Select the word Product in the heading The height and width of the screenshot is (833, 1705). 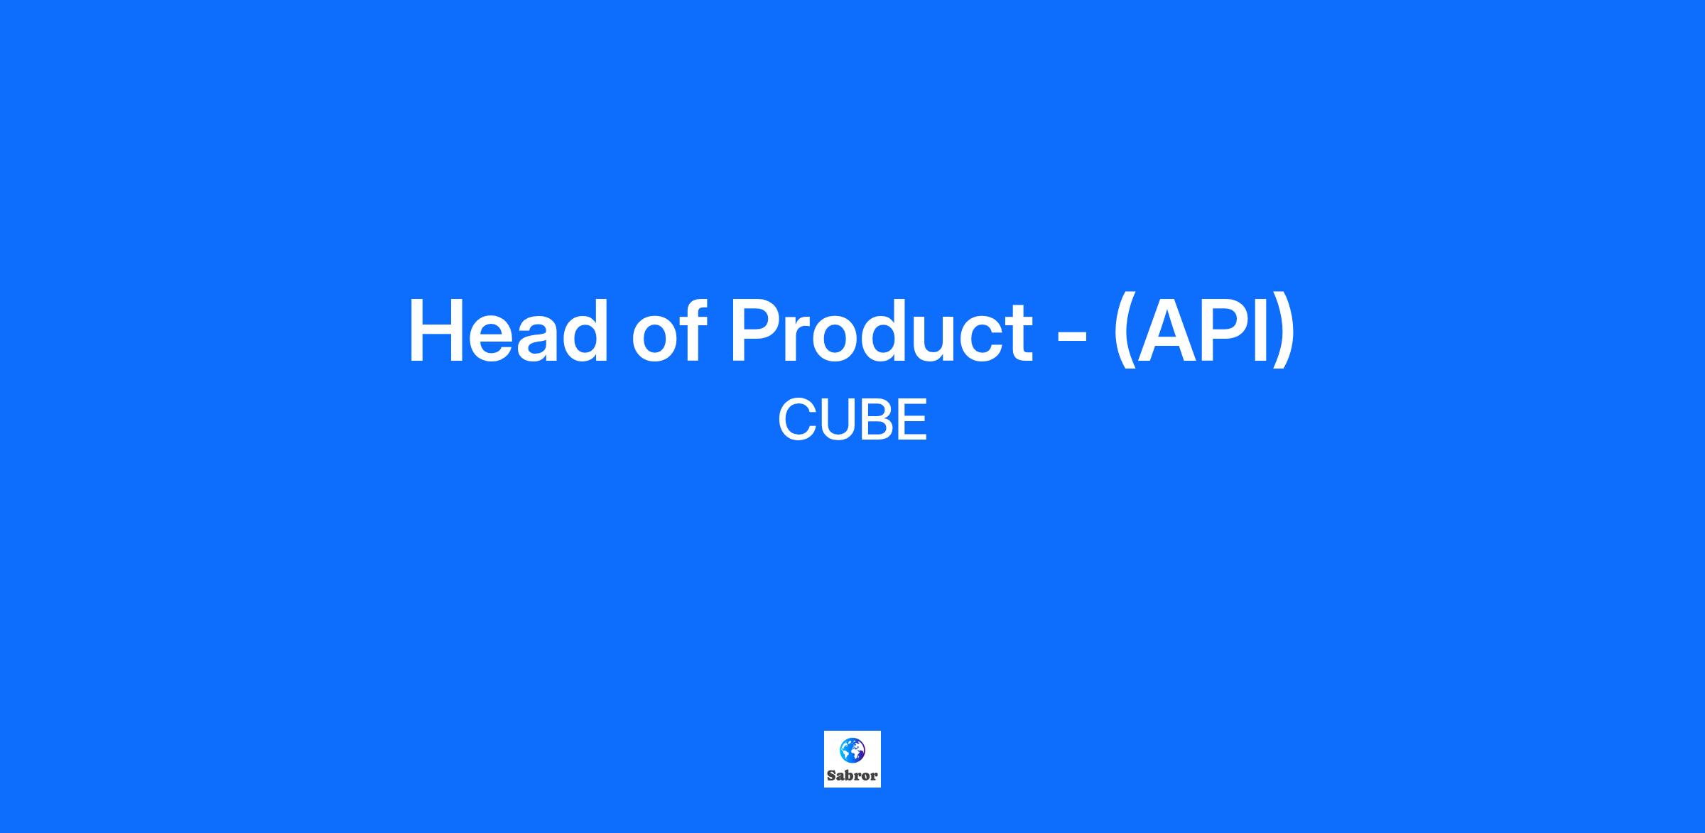point(881,331)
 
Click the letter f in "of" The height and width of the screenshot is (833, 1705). point(693,330)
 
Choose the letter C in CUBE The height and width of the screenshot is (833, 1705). point(799,420)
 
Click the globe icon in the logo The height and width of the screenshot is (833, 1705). point(852,749)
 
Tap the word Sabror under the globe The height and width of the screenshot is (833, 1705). point(852,775)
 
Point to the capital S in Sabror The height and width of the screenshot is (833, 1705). point(831,775)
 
